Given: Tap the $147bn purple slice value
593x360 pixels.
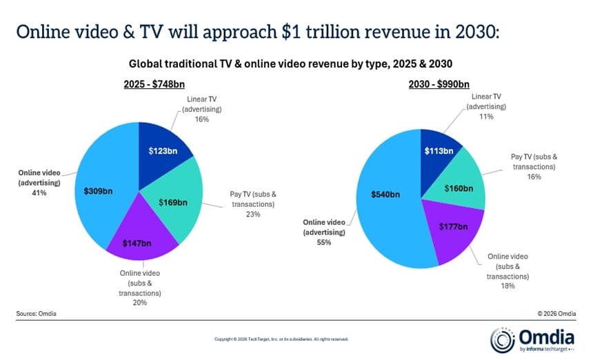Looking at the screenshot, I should click(x=137, y=243).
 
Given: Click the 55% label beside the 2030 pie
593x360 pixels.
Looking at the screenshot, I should click(x=324, y=243).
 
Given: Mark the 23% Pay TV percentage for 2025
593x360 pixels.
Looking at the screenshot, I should click(x=254, y=214).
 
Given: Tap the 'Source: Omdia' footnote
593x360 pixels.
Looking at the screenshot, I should click(x=35, y=314).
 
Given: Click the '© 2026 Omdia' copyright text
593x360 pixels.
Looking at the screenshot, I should click(x=556, y=314).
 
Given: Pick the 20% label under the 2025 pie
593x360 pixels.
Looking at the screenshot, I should click(x=139, y=302).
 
